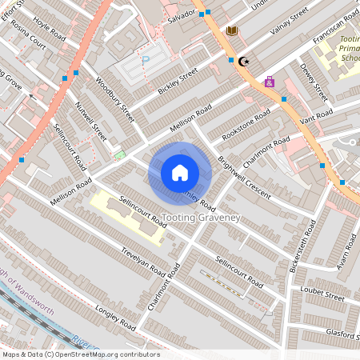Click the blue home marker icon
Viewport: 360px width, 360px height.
(180, 172)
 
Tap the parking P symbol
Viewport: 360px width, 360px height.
(146, 60)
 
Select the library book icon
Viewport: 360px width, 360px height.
(233, 30)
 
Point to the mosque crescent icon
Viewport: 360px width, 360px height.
(244, 61)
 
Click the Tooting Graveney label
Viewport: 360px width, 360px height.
(201, 218)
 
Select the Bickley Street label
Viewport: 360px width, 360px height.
(177, 81)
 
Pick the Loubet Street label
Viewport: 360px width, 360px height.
(322, 296)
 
